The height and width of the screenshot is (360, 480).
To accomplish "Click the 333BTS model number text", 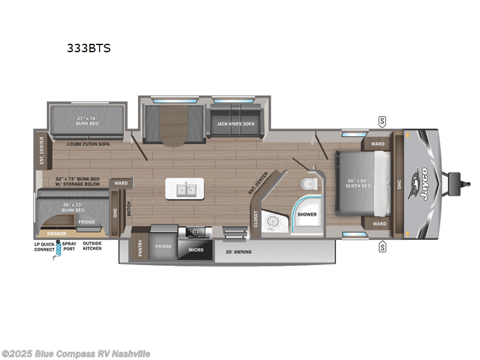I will [x=88, y=49].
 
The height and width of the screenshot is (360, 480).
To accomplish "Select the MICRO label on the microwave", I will [x=196, y=249].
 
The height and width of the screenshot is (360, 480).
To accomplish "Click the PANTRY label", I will [x=140, y=248].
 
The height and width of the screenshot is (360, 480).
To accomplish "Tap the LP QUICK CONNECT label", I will [x=43, y=246].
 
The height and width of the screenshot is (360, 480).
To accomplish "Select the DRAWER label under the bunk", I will [x=57, y=233].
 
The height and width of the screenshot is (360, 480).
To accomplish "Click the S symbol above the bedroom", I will [x=382, y=122].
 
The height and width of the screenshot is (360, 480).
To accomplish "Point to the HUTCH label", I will [x=128, y=209].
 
